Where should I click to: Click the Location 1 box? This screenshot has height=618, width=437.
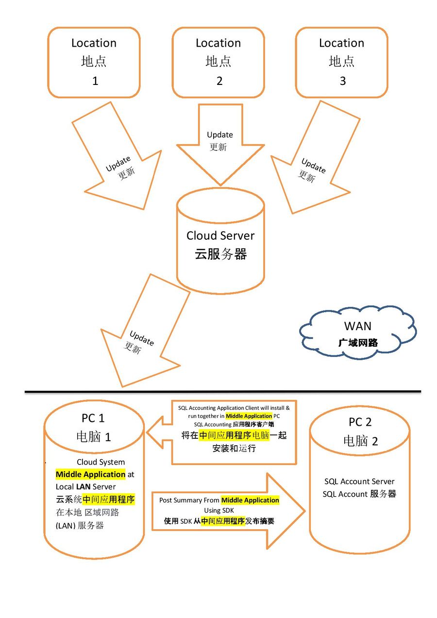click(94, 62)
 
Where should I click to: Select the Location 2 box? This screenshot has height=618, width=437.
click(218, 62)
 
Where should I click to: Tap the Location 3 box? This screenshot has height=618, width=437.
click(342, 62)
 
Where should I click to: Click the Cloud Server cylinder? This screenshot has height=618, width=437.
click(220, 243)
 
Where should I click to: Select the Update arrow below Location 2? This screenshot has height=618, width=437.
click(220, 146)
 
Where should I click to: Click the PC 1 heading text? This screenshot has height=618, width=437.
click(93, 418)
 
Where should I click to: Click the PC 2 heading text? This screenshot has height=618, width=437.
click(360, 422)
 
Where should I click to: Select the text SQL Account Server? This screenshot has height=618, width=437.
click(359, 482)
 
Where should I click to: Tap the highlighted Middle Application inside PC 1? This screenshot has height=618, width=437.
click(91, 474)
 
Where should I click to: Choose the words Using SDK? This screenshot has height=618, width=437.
click(219, 510)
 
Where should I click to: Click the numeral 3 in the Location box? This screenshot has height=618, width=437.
click(342, 81)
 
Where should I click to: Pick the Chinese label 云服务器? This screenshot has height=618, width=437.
click(221, 254)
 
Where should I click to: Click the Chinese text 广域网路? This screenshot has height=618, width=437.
click(358, 343)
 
